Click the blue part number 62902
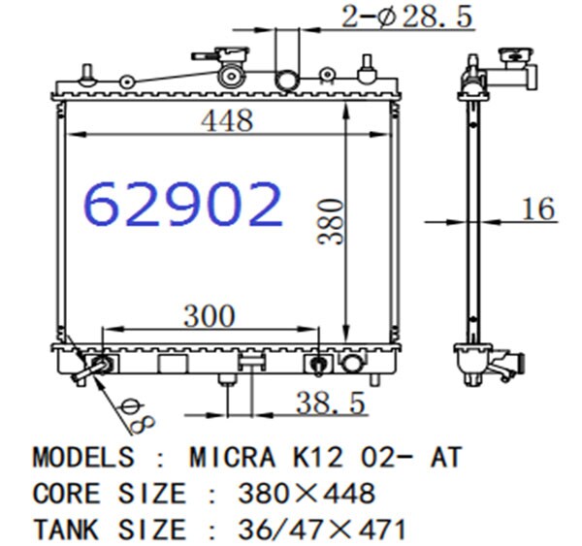[182, 205]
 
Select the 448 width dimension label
[227, 120]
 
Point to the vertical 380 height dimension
[331, 221]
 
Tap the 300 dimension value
[210, 316]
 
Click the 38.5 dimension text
[331, 402]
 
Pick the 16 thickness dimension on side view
[538, 209]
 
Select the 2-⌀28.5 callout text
[407, 16]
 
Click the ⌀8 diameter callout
[138, 416]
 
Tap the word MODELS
[83, 457]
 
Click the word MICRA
[233, 457]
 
